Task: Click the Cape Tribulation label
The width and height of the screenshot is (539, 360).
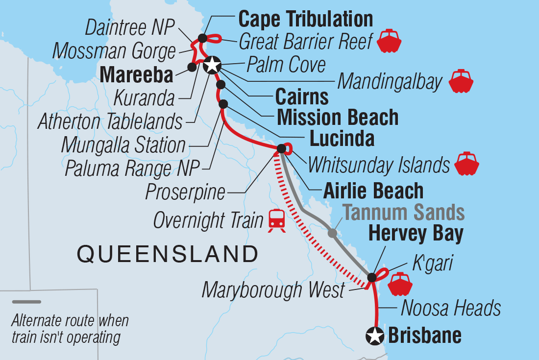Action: click(x=305, y=20)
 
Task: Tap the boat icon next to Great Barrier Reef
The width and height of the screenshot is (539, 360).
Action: click(x=389, y=41)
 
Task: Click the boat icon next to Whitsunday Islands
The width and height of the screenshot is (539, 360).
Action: click(x=466, y=165)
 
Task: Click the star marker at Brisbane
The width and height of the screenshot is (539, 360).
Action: click(x=375, y=336)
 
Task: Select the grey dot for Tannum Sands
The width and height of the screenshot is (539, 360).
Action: click(x=332, y=234)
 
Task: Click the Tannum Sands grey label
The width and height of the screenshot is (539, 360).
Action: click(x=403, y=213)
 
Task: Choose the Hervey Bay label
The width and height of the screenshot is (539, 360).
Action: click(x=416, y=234)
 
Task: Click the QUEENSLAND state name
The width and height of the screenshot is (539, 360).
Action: click(x=168, y=254)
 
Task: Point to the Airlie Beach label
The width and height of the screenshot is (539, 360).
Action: click(x=373, y=191)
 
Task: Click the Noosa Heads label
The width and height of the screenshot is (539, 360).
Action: click(x=451, y=309)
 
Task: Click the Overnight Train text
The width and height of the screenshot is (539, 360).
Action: click(x=208, y=220)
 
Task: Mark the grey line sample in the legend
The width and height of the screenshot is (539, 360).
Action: click(x=26, y=302)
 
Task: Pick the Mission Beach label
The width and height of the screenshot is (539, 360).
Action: click(x=338, y=118)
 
